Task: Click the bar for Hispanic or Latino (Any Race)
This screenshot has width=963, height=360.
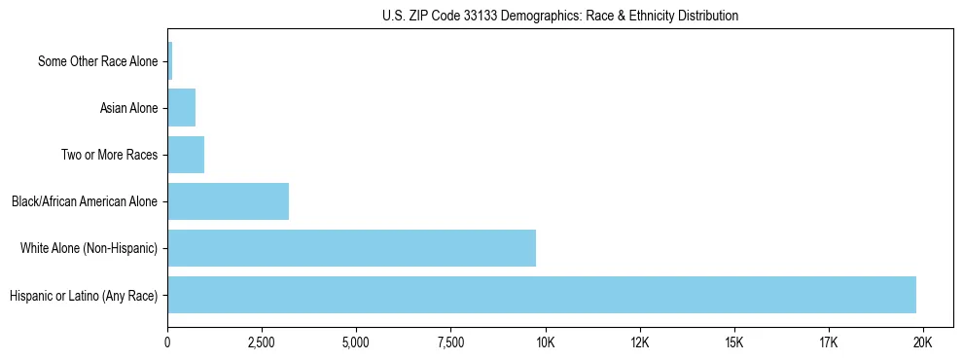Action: pos(542,295)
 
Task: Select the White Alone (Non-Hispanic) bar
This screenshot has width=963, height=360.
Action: pos(351,248)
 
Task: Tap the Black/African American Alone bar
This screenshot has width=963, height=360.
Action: pos(228,201)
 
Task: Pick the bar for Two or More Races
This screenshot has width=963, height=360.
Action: pos(186,155)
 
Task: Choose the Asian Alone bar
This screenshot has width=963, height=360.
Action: pos(181,108)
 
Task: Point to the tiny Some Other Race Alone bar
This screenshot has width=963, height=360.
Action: pos(169,61)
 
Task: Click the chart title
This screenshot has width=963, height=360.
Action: pos(560,17)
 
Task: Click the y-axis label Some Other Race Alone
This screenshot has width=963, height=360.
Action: pos(97,61)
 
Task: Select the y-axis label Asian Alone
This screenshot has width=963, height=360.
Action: pos(128,108)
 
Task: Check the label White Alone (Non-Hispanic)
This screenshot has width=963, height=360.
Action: pos(89,248)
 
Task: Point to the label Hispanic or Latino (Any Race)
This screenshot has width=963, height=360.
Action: pos(83,295)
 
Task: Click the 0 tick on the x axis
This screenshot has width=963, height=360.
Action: pos(167,342)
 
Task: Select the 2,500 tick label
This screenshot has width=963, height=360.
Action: pos(262,342)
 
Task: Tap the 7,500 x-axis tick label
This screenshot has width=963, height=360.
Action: pos(450,342)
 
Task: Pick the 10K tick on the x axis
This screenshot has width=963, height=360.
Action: pos(545,342)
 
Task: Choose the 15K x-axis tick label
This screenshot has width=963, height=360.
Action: pos(733,342)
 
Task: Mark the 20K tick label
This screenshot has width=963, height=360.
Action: pos(922,342)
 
